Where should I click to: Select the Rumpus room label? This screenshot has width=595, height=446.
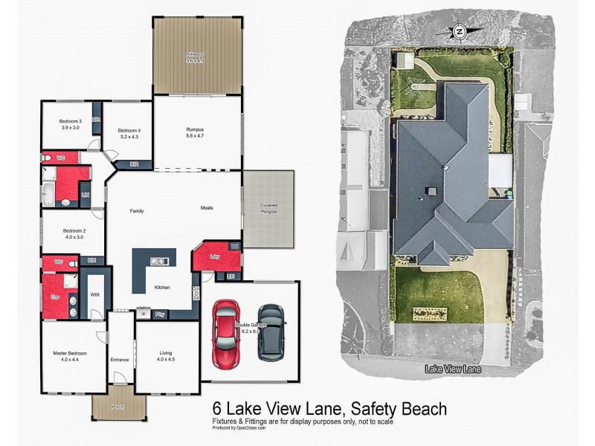(195, 132)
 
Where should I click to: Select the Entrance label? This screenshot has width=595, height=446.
(120, 360)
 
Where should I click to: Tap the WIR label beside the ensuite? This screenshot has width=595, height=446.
(95, 294)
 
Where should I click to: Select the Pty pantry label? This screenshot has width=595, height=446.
(160, 314)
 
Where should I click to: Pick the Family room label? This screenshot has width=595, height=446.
(137, 211)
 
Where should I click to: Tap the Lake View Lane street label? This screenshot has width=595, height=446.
(453, 369)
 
